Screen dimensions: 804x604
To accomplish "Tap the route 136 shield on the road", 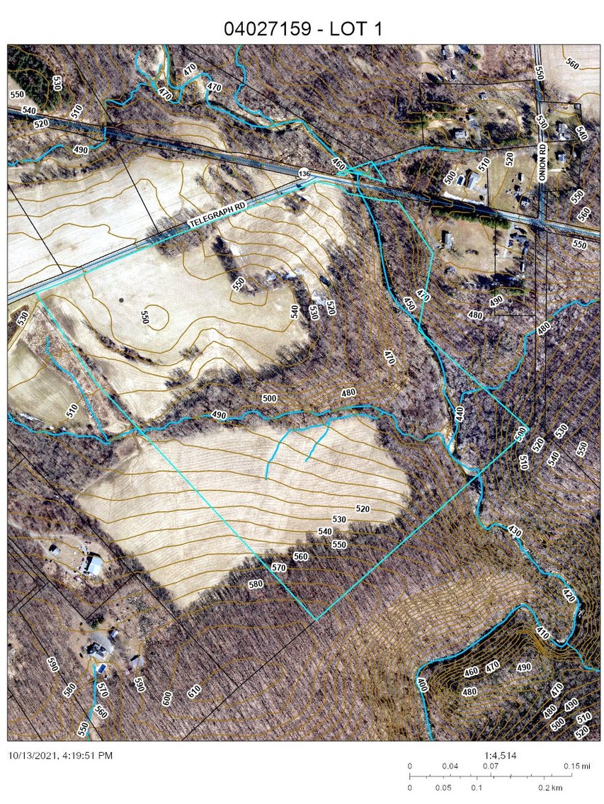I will click(x=304, y=174).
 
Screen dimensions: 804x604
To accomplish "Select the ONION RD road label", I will click(x=543, y=164).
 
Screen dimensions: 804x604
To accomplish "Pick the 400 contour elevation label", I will click(x=422, y=685).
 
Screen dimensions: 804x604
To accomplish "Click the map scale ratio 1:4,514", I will click(x=499, y=756).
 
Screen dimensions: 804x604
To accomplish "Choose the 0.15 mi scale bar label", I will click(x=573, y=766).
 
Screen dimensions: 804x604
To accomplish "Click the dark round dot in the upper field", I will click(x=121, y=300).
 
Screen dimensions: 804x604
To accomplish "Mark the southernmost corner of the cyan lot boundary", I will click(x=316, y=620).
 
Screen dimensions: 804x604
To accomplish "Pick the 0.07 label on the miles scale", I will click(x=489, y=766).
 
